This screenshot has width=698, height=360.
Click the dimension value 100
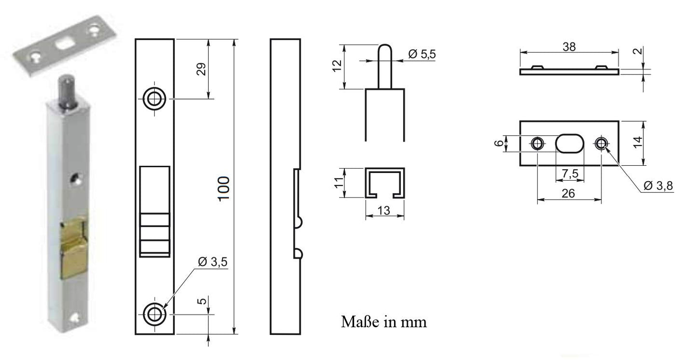224,189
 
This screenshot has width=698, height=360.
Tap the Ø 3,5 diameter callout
213,262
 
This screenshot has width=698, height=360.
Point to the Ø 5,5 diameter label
422,55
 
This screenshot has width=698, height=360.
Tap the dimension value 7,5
570,173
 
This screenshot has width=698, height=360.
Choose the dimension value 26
569,193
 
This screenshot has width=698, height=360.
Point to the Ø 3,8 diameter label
658,186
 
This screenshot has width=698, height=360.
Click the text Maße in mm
384,321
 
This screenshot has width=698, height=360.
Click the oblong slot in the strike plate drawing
570,143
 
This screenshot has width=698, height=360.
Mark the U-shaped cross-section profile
384,183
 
